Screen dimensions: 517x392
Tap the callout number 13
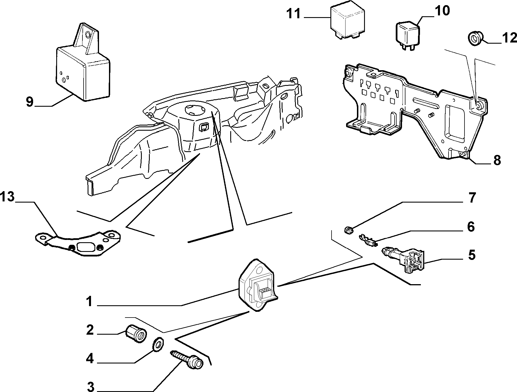[7, 197]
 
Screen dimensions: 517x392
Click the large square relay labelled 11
[348, 22]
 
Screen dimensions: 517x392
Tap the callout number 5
[472, 255]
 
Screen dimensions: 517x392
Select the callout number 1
[90, 301]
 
